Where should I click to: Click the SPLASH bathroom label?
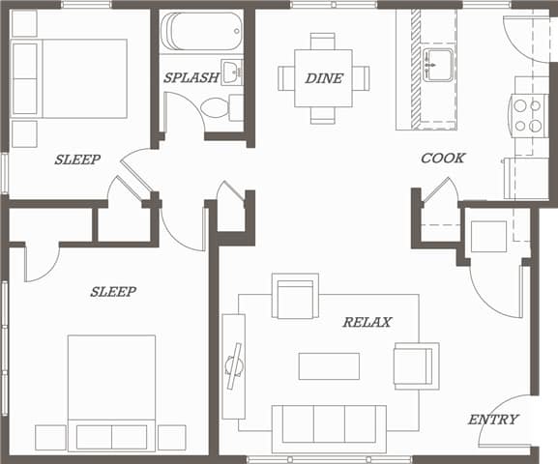tap(191, 77)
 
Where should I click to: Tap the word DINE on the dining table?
tap(324, 78)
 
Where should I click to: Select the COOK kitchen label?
tap(443, 158)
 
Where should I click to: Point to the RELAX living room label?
tap(367, 322)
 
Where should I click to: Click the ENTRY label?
tap(493, 420)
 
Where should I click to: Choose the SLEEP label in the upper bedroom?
tap(77, 159)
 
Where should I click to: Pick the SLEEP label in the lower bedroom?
tap(113, 291)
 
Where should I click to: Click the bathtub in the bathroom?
tap(200, 31)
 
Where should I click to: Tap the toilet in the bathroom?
tap(215, 106)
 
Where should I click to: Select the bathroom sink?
tap(232, 72)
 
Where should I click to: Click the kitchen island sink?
tap(440, 66)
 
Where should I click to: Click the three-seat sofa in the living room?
tap(328, 425)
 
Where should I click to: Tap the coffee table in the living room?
tap(329, 366)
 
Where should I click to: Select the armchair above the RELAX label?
tap(295, 297)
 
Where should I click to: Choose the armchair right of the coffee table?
tap(415, 365)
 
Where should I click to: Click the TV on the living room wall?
tap(233, 365)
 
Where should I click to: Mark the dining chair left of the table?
tap(287, 77)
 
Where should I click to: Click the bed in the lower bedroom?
tap(111, 387)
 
